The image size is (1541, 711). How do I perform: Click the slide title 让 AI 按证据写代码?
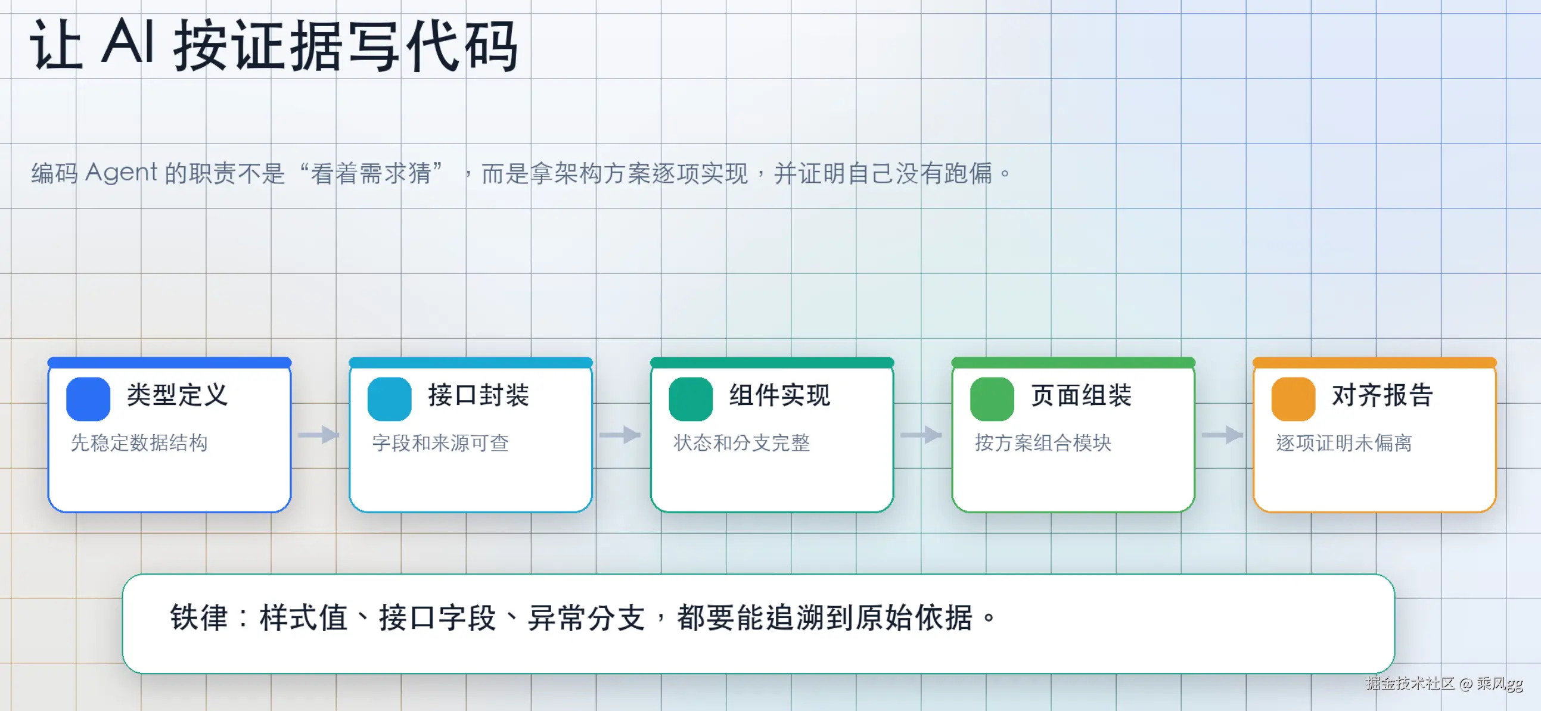coord(274,45)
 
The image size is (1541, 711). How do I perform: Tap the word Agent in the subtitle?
coord(122,173)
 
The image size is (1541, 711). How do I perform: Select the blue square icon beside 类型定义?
coord(88,399)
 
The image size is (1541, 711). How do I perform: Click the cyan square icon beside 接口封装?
coord(390,399)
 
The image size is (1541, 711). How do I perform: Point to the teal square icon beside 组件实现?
coord(691,399)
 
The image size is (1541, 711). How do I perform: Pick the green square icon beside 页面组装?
coord(992,399)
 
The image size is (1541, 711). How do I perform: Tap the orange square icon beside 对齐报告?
coord(1293,399)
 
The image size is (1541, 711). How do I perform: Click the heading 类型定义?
coord(178,395)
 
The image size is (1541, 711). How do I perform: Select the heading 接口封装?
coord(479,395)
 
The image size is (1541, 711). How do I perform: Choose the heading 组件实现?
coord(780,395)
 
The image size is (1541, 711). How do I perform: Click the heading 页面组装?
coord(1082,395)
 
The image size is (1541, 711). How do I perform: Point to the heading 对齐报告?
coord(1382,395)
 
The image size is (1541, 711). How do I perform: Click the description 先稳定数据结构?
coord(139,442)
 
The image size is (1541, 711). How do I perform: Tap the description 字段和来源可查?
coord(440,442)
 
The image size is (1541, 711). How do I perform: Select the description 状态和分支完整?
coord(742,442)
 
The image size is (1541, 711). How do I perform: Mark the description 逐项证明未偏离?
coord(1344,442)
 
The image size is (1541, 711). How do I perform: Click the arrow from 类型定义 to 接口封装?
coord(319,435)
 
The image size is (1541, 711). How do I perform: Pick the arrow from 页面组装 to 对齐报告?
coord(1223,435)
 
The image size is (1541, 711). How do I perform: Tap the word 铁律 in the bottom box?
coord(199,618)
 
